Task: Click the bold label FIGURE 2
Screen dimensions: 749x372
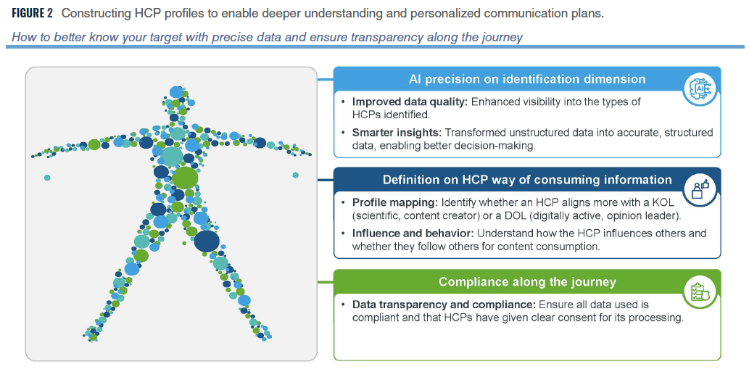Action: [32, 13]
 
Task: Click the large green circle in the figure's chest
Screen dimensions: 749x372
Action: [185, 178]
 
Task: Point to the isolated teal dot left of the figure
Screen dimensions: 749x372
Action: [47, 178]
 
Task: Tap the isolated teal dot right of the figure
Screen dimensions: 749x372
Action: [295, 175]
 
